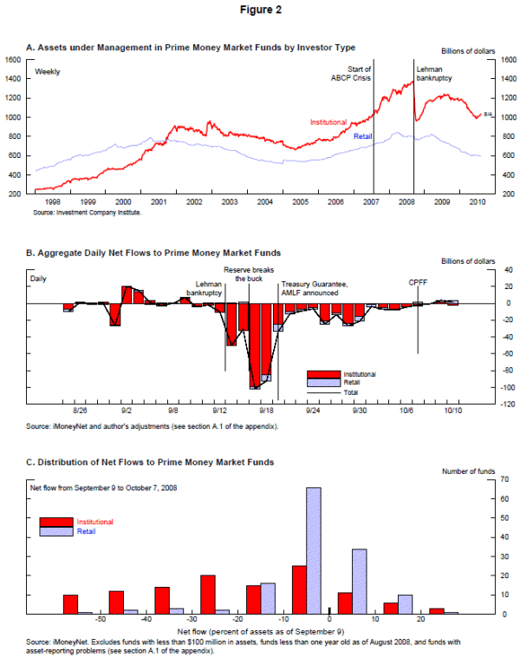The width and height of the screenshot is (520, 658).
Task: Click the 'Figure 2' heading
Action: tap(260, 11)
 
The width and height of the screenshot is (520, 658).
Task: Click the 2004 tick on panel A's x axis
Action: tap(263, 201)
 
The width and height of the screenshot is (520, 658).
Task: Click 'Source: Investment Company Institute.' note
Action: tap(87, 211)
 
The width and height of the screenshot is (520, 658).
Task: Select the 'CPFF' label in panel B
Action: tap(419, 282)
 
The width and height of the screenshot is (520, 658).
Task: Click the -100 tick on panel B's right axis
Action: tap(487, 387)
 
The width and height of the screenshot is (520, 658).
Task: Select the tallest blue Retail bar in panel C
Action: tap(314, 550)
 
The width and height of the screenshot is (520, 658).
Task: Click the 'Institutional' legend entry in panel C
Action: tap(94, 522)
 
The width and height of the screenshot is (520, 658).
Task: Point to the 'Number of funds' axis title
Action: tap(468, 471)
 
